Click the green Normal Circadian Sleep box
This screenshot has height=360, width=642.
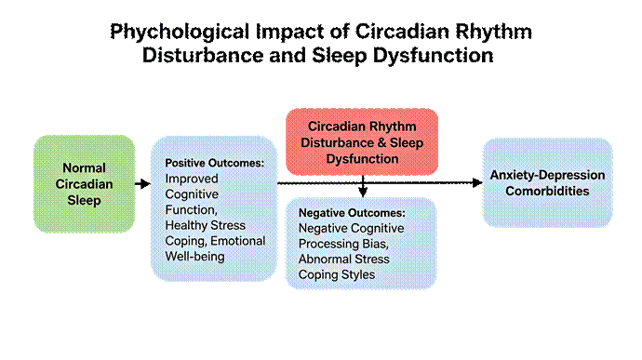click(x=84, y=184)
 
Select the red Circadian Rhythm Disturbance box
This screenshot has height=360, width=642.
click(x=362, y=141)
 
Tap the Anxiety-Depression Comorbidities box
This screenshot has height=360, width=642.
click(x=547, y=182)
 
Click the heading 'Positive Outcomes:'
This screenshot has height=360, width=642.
click(x=215, y=163)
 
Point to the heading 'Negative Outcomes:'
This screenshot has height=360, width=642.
click(x=352, y=213)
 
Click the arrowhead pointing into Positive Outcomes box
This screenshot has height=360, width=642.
click(x=145, y=184)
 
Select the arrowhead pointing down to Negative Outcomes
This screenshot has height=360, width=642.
click(x=363, y=192)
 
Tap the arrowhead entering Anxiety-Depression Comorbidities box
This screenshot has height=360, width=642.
click(x=477, y=182)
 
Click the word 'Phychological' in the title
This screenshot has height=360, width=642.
click(x=180, y=32)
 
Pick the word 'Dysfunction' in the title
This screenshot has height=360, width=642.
click(x=433, y=56)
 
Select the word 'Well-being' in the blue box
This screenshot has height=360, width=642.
click(x=194, y=257)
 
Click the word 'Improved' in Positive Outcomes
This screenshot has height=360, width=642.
click(x=192, y=179)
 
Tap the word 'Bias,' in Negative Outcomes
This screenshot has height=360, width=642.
click(x=376, y=244)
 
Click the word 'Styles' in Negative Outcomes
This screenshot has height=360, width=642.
click(x=358, y=274)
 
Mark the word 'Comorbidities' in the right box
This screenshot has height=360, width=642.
click(x=547, y=192)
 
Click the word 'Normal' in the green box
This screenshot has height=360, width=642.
click(x=84, y=168)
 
